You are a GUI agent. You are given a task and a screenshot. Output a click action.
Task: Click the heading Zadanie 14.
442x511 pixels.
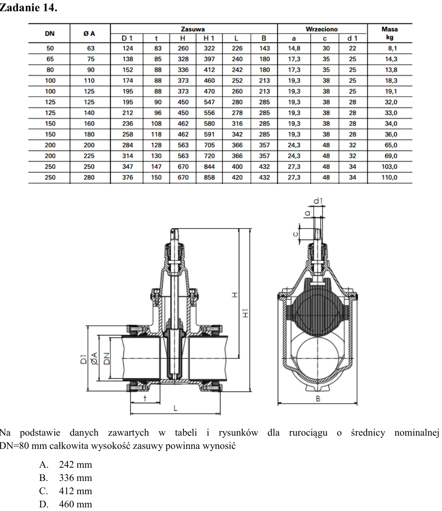pyautogui.click(x=28, y=8)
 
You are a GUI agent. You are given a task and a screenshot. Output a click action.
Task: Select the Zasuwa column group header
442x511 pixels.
pyautogui.click(x=193, y=29)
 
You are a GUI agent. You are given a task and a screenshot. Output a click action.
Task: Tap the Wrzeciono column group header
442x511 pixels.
pyautogui.click(x=322, y=29)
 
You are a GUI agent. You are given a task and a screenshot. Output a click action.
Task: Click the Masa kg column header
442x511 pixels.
pyautogui.click(x=390, y=33)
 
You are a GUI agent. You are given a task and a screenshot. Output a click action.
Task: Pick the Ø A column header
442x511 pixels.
pyautogui.click(x=89, y=34)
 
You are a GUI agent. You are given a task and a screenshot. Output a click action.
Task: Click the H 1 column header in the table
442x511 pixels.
pyautogui.click(x=209, y=38)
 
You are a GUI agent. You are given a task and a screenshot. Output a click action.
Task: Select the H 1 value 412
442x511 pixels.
pyautogui.click(x=209, y=70)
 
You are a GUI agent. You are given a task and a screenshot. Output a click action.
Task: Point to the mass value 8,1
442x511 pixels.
pyautogui.click(x=392, y=48)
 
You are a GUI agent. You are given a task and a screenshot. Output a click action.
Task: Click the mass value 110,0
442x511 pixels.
pyautogui.click(x=390, y=178)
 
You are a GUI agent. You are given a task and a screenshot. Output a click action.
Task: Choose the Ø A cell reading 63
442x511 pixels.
pyautogui.click(x=91, y=48)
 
